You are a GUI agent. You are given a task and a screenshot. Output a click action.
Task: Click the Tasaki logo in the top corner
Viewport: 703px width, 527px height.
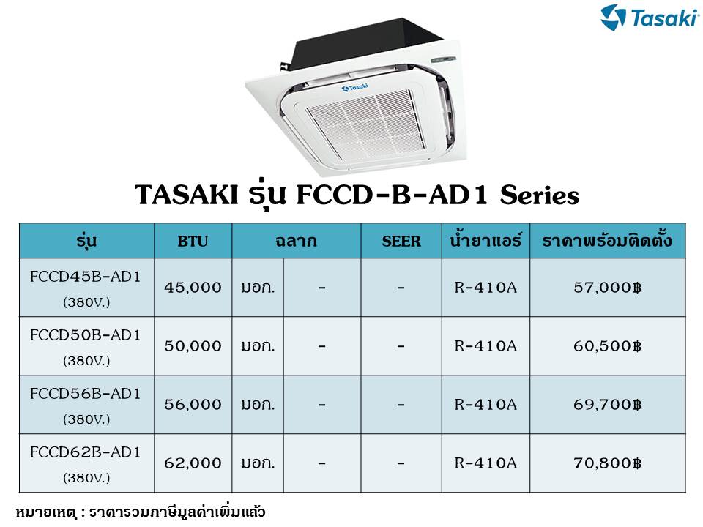click(x=650, y=17)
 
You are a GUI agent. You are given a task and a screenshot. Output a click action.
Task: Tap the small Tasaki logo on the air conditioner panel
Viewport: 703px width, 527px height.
click(x=354, y=87)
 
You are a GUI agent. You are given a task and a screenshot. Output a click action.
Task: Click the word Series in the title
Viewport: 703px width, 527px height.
click(x=540, y=195)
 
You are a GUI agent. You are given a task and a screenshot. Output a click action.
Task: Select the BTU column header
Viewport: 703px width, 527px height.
click(x=193, y=242)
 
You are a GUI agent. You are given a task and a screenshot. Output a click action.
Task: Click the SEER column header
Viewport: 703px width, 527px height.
click(x=401, y=242)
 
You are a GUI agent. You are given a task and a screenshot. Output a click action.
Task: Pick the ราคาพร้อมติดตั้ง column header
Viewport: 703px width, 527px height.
click(x=607, y=241)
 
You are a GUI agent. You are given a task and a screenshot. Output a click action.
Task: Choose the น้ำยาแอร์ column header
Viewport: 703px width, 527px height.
click(x=486, y=241)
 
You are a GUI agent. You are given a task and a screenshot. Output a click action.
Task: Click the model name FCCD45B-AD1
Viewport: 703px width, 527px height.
click(x=85, y=277)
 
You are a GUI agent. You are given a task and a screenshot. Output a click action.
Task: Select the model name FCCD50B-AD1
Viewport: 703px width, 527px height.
click(x=85, y=335)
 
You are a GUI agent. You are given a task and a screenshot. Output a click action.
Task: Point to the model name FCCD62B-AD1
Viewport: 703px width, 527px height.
click(x=85, y=452)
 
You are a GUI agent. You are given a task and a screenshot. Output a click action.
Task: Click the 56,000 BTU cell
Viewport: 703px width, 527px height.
click(x=193, y=405)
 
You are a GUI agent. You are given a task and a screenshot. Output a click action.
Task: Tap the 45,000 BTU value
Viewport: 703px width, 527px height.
click(x=193, y=287)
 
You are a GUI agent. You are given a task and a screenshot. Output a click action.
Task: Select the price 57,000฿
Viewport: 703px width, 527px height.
click(x=608, y=287)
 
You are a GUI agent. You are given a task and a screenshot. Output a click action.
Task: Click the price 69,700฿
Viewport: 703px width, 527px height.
click(x=608, y=405)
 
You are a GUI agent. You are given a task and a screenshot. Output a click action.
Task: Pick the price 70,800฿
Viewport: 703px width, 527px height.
click(x=608, y=463)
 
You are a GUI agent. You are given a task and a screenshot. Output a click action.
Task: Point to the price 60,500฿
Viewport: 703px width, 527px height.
click(x=608, y=346)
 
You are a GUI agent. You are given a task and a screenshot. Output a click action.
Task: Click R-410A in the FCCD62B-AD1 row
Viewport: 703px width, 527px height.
click(x=486, y=463)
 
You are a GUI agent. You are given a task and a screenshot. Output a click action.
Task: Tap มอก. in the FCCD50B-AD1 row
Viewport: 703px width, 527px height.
click(x=258, y=346)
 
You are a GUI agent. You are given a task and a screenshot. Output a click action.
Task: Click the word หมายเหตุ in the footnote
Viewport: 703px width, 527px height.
click(x=45, y=512)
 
